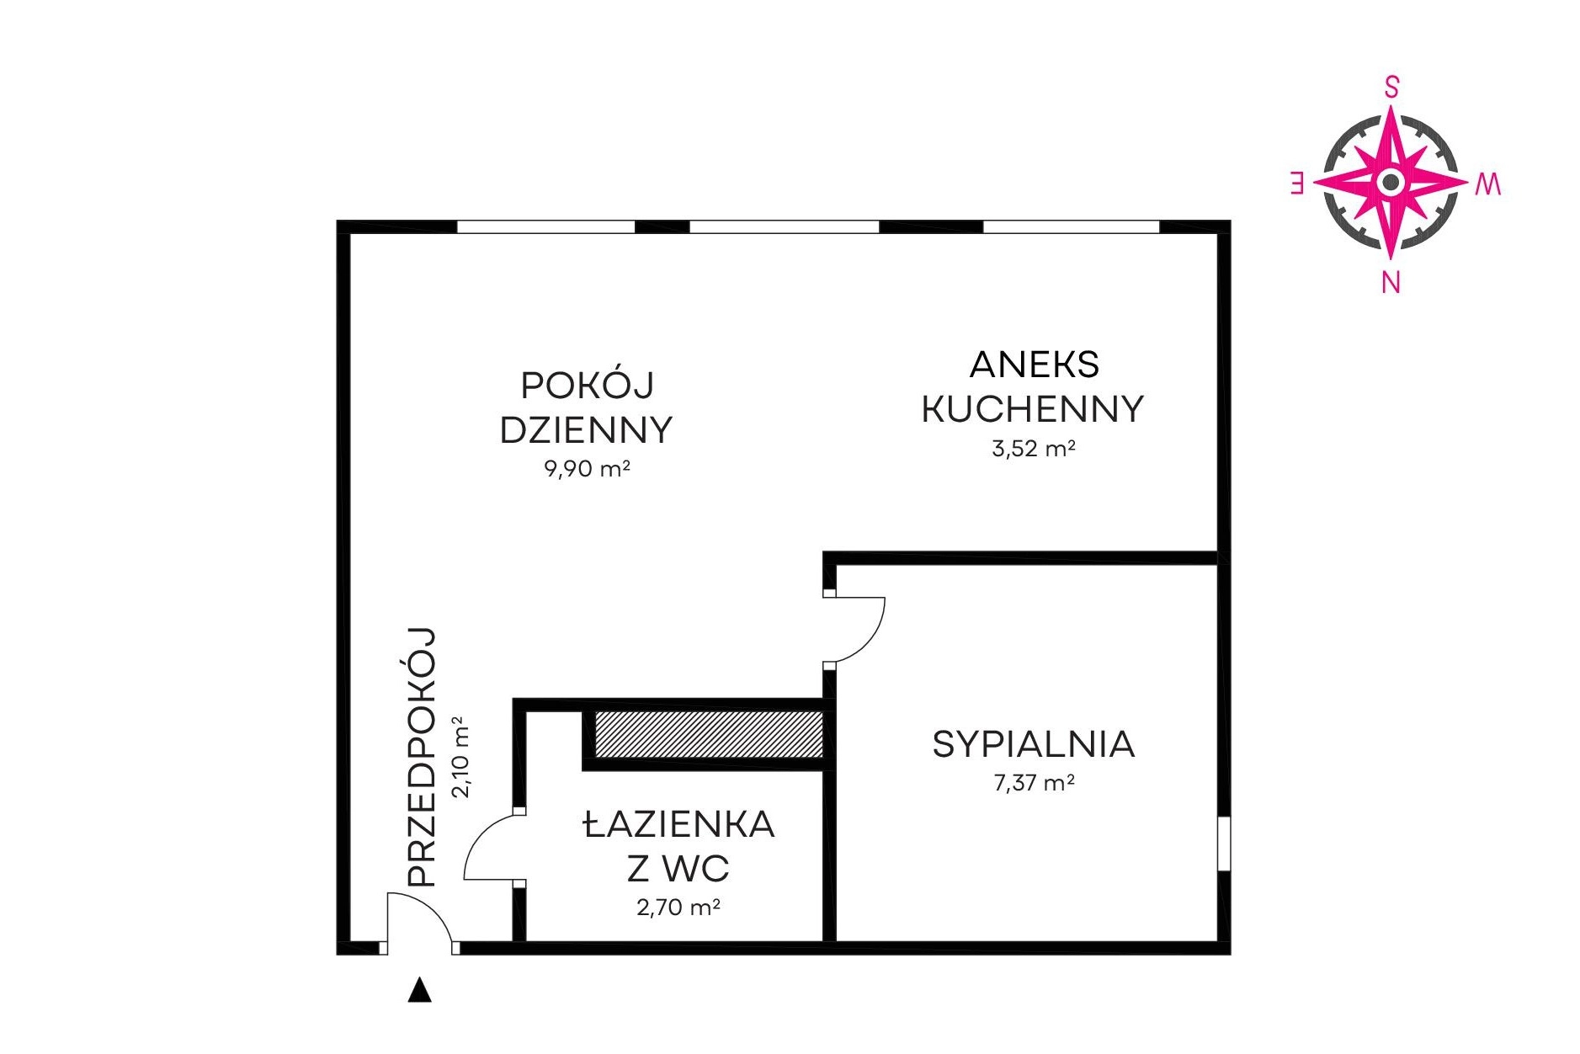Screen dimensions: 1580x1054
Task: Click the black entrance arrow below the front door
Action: tap(419, 990)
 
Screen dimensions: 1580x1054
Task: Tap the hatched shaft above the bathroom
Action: tap(709, 733)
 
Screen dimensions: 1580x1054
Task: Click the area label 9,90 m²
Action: tap(587, 468)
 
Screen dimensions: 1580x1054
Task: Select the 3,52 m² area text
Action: tap(1033, 448)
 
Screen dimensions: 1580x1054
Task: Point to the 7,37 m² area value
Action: tap(1034, 782)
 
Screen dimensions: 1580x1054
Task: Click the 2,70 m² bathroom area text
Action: tap(678, 907)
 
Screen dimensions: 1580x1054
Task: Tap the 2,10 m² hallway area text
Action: tap(461, 756)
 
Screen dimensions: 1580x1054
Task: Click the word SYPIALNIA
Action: tap(1033, 744)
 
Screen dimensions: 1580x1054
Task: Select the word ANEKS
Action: tap(1034, 365)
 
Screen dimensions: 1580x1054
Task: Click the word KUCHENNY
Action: tap(1033, 409)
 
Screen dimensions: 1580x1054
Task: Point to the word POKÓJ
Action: tap(587, 385)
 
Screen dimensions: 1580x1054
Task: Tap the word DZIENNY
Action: tap(586, 430)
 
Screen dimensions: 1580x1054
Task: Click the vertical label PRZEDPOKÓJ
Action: tap(422, 757)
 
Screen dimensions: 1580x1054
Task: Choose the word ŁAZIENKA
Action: tap(678, 824)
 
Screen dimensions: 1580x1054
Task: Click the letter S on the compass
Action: tap(1391, 88)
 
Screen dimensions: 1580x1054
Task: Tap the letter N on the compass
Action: tap(1391, 283)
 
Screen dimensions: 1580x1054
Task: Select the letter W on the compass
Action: tap(1487, 184)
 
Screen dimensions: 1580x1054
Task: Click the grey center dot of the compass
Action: tap(1391, 182)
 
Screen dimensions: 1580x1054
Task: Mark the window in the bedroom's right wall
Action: tap(1224, 844)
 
